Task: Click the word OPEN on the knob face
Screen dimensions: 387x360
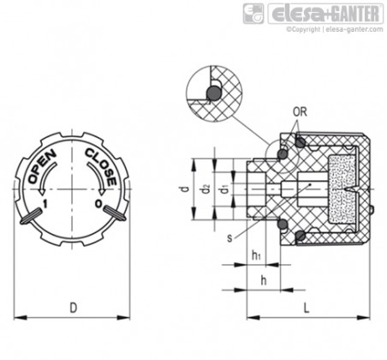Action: (43, 166)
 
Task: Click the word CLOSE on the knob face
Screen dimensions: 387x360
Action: (101, 167)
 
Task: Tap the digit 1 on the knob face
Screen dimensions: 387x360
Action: (45, 204)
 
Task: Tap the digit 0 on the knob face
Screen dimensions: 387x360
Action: (98, 204)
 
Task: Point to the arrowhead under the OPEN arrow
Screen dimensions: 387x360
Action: (42, 191)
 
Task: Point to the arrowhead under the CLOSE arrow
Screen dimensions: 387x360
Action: (101, 191)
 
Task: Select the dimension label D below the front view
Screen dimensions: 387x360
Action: (74, 308)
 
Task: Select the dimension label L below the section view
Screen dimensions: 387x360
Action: (307, 308)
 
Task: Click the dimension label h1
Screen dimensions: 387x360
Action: (256, 255)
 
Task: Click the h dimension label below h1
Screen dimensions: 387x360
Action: (264, 280)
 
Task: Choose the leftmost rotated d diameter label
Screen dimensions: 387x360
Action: (186, 189)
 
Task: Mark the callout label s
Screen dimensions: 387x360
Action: (229, 238)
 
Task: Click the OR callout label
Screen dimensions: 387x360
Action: (300, 112)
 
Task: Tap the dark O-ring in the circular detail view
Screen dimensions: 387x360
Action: (213, 93)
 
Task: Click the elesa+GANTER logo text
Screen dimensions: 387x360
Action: (325, 14)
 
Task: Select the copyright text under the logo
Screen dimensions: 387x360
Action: (335, 29)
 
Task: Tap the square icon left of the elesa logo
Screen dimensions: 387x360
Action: (253, 14)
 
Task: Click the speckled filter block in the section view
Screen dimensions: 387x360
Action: (342, 189)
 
